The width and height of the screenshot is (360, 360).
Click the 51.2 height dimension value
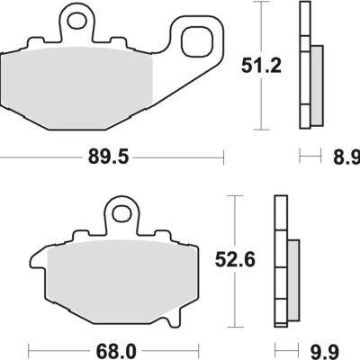coord(261,67)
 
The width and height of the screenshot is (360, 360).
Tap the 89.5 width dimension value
coord(108,157)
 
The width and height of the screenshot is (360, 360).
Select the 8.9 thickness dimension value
coord(346,157)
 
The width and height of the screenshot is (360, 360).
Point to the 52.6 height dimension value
coord(235,259)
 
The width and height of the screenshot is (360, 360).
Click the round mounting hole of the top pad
coord(77,21)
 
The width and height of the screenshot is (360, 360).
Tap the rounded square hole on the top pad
coord(198,41)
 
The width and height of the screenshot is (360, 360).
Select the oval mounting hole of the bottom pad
coord(122,212)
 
